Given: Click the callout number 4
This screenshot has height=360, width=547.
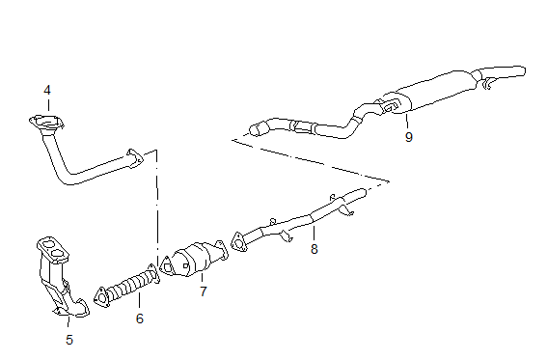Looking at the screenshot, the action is click(x=47, y=91).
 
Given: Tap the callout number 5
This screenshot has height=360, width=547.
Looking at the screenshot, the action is click(x=69, y=340).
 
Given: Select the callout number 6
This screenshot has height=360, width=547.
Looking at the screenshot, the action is click(x=140, y=318).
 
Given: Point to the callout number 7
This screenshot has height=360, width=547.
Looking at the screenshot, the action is click(x=204, y=291).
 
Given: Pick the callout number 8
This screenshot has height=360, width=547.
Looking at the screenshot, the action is click(x=315, y=249).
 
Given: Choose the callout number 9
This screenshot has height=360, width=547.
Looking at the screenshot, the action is click(x=409, y=137).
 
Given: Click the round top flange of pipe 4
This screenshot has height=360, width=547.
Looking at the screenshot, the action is click(x=46, y=123).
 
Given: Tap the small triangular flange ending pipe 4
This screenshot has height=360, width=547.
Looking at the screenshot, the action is click(x=135, y=157).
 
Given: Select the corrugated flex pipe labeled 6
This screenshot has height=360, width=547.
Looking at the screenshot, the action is click(x=128, y=286).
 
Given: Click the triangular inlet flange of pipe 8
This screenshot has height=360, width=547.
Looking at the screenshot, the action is click(x=238, y=241).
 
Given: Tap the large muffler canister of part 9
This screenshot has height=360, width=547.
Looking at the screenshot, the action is click(x=432, y=92).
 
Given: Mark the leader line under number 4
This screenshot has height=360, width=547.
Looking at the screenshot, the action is click(x=48, y=105).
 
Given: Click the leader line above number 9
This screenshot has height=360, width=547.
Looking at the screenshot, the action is click(x=407, y=121).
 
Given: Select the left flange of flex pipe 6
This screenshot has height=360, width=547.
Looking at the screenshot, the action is click(x=101, y=297).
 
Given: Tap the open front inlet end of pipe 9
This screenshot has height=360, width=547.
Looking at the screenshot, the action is click(x=257, y=129).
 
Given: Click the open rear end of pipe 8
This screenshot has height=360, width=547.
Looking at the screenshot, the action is click(x=363, y=192).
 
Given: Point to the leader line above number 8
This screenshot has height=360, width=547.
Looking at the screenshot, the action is click(x=314, y=233).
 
